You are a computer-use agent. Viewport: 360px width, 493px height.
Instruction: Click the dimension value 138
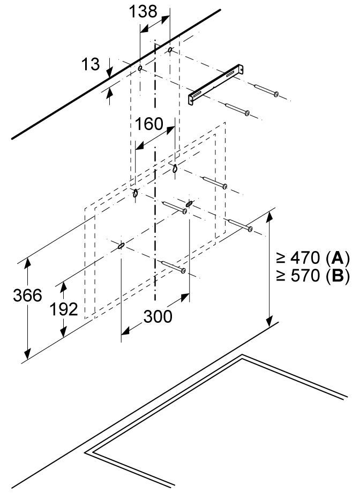pyautogui.click(x=143, y=11)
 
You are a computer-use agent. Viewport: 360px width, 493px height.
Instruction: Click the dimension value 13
pyautogui.click(x=91, y=64)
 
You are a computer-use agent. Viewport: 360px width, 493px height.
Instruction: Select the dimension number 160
pyautogui.click(x=149, y=124)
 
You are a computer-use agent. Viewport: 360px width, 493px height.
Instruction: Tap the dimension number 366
pyautogui.click(x=28, y=295)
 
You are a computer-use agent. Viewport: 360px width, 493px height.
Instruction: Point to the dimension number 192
pyautogui.click(x=64, y=309)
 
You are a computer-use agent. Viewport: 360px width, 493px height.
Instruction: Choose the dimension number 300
pyautogui.click(x=158, y=316)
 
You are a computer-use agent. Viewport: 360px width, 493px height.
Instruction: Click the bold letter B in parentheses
pyautogui.click(x=337, y=276)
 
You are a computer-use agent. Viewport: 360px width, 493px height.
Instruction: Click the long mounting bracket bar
pyautogui.click(x=216, y=84)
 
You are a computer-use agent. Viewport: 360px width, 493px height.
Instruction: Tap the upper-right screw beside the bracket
pyautogui.click(x=266, y=89)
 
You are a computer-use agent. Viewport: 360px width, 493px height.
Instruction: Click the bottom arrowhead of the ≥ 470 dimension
pyautogui.click(x=269, y=321)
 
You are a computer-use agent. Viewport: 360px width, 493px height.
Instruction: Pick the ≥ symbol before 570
pyautogui.click(x=281, y=276)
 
